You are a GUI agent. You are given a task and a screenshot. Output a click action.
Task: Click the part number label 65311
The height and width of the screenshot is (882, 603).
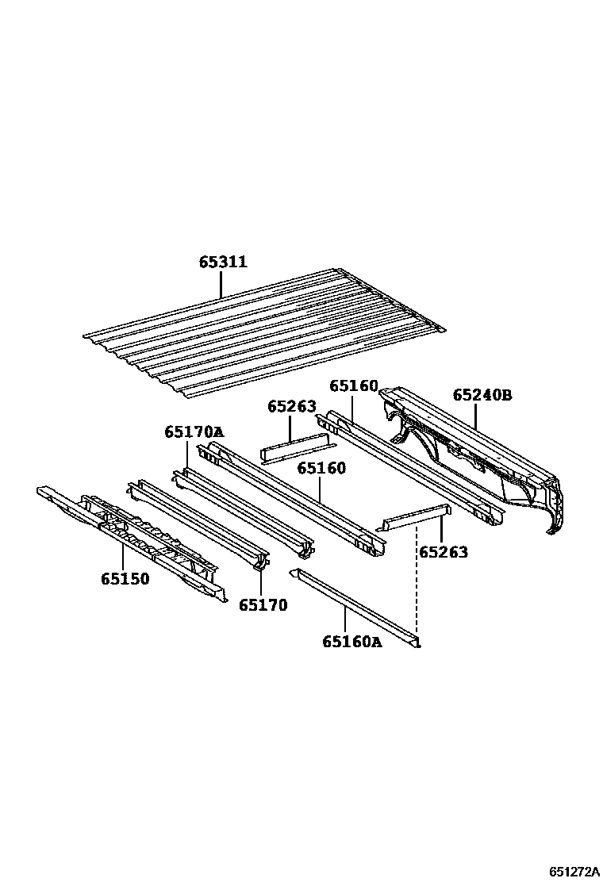point(223,263)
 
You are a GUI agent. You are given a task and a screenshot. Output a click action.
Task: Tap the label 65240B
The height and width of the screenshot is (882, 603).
point(482,395)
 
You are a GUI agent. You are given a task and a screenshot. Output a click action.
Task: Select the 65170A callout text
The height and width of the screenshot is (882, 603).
point(194,432)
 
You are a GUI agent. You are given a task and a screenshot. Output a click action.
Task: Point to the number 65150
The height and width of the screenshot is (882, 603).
point(125,579)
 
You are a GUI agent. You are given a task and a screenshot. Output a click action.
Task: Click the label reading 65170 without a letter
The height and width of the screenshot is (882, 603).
point(263,605)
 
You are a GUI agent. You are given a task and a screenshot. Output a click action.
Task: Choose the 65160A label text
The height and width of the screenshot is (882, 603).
point(351,642)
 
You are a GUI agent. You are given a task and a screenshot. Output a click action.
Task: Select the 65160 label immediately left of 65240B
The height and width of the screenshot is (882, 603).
point(354,386)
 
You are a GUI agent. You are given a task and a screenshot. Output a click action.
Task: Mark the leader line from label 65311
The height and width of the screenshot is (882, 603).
point(221,283)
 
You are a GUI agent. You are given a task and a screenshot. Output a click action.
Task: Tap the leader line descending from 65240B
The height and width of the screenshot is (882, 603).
point(475,416)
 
